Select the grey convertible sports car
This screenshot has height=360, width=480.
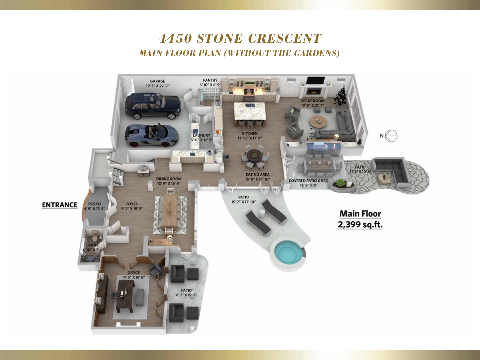pyautogui.click(x=152, y=135)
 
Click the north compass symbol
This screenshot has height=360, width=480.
pyautogui.click(x=391, y=136)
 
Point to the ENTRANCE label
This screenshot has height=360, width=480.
pyautogui.click(x=60, y=205)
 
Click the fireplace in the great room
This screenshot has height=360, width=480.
pyautogui.click(x=313, y=91)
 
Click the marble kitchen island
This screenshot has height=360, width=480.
pyautogui.click(x=250, y=111)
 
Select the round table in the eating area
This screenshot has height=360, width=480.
pyautogui.click(x=255, y=155)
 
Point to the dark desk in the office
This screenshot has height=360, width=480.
pyautogui.click(x=125, y=296)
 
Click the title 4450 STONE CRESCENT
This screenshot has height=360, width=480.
pyautogui.click(x=240, y=38)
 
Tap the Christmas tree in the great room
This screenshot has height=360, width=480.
pyautogui.click(x=341, y=96)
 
